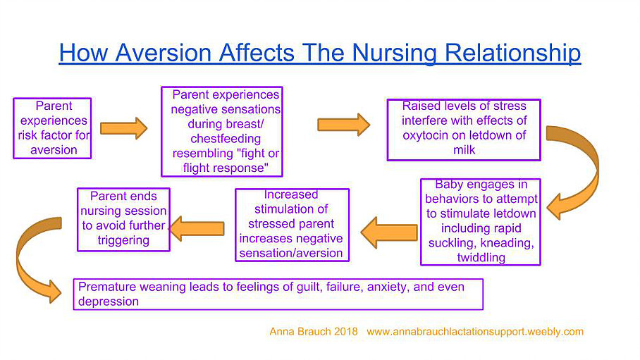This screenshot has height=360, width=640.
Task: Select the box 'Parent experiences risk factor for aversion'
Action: (x=53, y=128)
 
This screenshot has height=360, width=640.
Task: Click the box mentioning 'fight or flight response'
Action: (x=222, y=132)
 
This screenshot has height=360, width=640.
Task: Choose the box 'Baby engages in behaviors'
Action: (x=480, y=221)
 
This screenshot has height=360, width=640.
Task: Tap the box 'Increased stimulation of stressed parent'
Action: (x=291, y=224)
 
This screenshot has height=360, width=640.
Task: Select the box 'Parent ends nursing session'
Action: (x=123, y=219)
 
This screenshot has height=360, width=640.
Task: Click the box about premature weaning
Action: (x=278, y=294)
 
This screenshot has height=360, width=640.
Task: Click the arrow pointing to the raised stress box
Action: (x=343, y=125)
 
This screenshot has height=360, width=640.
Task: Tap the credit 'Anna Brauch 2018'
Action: (x=314, y=331)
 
